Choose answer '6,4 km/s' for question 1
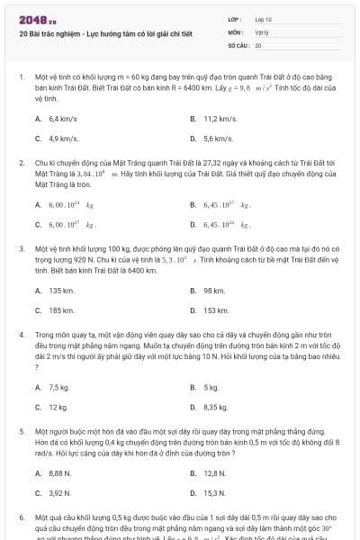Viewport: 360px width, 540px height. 61,118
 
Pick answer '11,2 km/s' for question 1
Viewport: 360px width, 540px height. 220,118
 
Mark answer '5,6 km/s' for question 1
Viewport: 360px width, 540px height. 218,139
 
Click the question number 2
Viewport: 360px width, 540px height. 21,164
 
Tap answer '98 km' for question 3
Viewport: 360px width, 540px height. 213,291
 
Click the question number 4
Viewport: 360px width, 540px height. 21,334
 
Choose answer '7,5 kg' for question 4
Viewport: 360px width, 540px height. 59,387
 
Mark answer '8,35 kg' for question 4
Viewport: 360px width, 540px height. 216,407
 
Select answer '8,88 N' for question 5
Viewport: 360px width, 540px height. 60,472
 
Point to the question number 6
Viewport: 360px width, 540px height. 21,518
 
